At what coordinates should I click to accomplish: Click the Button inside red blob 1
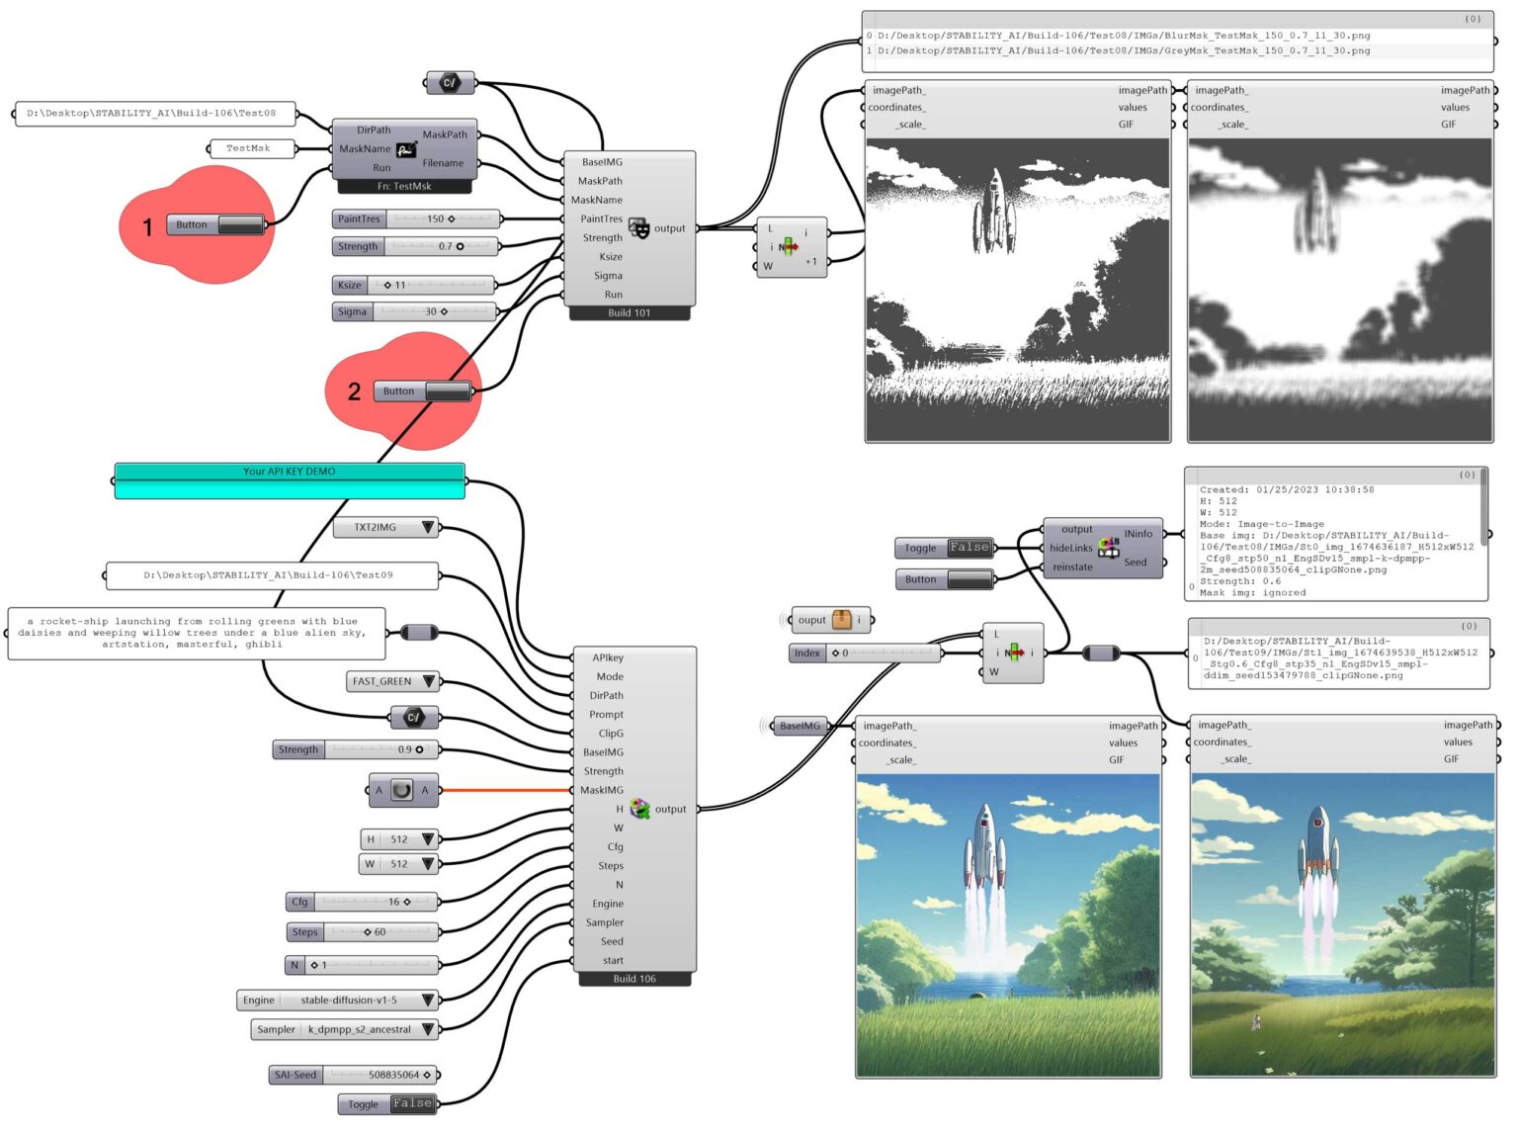coord(215,225)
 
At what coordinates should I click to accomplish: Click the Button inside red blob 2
coord(422,392)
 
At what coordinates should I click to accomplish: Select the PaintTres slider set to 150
coord(416,218)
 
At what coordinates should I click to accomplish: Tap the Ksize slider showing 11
coord(413,285)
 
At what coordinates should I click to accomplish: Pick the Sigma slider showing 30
coord(414,311)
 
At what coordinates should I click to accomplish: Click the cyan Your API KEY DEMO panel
coord(290,481)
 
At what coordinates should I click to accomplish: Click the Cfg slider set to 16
coord(362,902)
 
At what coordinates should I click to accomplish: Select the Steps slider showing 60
coord(362,932)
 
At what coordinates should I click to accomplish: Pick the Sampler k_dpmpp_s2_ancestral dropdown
coord(344,1030)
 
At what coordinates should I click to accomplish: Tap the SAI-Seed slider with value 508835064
coord(354,1075)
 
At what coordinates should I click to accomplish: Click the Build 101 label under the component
coord(630,313)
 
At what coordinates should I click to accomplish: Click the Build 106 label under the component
coord(634,980)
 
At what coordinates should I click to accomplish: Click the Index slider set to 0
coord(865,654)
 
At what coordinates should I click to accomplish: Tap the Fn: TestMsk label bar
coord(404,186)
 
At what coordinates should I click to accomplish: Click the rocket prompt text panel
coord(197,633)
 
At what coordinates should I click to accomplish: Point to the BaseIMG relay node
coord(800,727)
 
